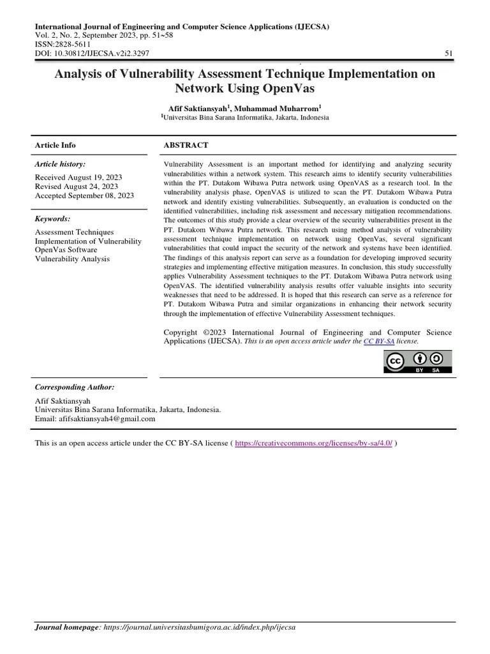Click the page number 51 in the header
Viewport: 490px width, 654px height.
pyautogui.click(x=449, y=54)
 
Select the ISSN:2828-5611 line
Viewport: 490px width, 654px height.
pyautogui.click(x=63, y=45)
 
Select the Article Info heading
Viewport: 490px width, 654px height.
pyautogui.click(x=55, y=146)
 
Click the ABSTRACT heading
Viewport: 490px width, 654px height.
pyautogui.click(x=186, y=146)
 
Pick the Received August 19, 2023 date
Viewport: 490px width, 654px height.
pyautogui.click(x=78, y=177)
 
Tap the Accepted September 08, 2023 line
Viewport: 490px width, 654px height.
pyautogui.click(x=84, y=195)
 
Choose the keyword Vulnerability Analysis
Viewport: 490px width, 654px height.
pyautogui.click(x=72, y=259)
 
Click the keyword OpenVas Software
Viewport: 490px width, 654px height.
pyautogui.click(x=66, y=250)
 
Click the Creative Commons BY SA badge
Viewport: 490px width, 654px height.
pyautogui.click(x=417, y=361)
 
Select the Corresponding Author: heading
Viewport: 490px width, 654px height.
pyautogui.click(x=75, y=387)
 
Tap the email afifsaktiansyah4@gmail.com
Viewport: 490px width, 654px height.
pyautogui.click(x=107, y=419)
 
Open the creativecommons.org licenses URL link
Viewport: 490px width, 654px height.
pyautogui.click(x=314, y=443)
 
